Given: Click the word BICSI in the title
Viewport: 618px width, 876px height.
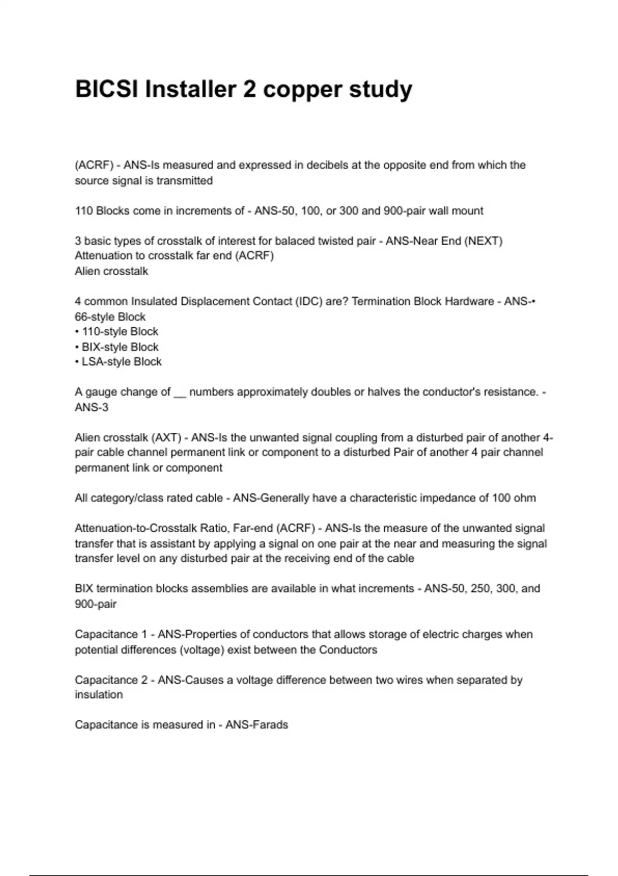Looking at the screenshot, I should click(107, 89).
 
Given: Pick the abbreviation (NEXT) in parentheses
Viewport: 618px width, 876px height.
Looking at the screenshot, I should click(483, 241).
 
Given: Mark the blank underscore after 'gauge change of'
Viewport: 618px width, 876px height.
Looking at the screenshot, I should click(180, 393).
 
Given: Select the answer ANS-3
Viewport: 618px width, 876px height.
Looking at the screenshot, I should click(92, 408).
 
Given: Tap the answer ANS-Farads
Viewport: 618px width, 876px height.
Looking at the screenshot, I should click(256, 725).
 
